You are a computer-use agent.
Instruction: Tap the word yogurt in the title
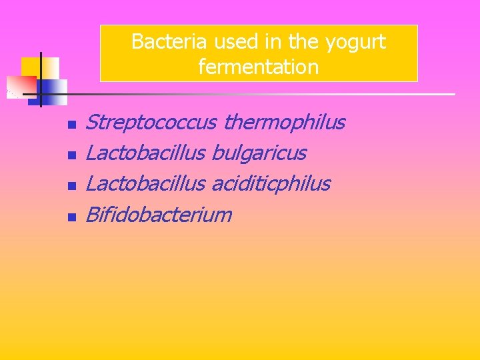355,42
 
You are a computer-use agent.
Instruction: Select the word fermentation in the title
259,67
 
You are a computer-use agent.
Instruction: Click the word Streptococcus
151,123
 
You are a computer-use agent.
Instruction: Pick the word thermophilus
285,123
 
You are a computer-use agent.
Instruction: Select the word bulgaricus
259,153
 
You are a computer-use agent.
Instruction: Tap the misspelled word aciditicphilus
271,184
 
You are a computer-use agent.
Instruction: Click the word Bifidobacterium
159,215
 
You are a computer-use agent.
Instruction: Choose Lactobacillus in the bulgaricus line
145,153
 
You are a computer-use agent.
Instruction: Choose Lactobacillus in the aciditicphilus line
145,184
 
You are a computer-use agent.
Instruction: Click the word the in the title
304,42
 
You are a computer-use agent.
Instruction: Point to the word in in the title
273,42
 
